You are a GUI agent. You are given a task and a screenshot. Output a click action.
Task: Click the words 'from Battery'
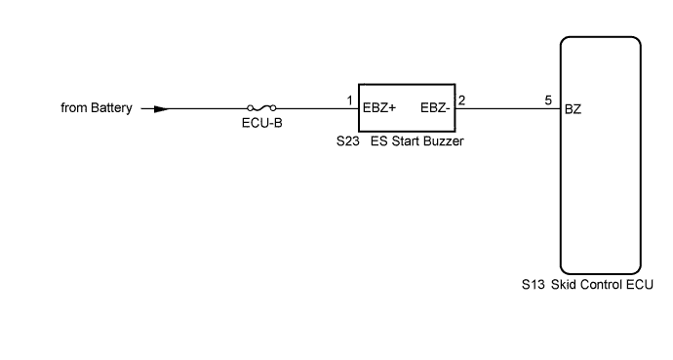(95, 108)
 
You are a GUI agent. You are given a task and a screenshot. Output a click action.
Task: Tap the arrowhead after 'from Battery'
(161, 108)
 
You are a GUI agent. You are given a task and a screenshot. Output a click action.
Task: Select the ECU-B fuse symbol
(262, 108)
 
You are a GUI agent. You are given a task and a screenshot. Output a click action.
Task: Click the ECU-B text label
(262, 125)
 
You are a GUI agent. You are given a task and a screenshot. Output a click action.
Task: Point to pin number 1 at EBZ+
(349, 100)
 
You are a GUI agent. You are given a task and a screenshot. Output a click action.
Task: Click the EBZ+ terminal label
(378, 108)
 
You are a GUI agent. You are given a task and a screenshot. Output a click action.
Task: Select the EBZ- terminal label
(435, 108)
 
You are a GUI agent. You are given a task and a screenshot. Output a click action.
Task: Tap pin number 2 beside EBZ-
(461, 100)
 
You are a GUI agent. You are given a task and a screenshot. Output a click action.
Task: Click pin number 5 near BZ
(550, 100)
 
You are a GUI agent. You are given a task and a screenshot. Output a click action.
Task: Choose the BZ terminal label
(574, 108)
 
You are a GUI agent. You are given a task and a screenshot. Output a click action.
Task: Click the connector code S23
(346, 141)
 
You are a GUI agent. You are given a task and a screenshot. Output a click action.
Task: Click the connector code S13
(534, 286)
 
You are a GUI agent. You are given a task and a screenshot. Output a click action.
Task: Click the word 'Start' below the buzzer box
(405, 141)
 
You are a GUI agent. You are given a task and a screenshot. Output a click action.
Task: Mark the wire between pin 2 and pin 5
(507, 108)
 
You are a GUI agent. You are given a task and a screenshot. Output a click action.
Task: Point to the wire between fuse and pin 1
(312, 108)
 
